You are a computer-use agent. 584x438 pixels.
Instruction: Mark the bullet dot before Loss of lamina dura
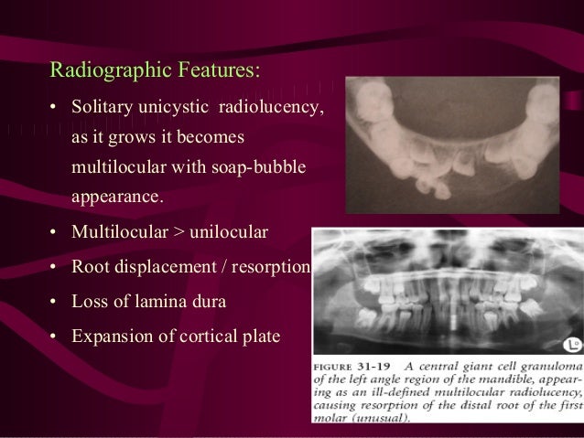pyautogui.click(x=54, y=301)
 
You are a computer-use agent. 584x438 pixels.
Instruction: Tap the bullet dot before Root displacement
pyautogui.click(x=54, y=268)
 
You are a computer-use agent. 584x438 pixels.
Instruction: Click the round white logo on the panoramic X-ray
pyautogui.click(x=566, y=343)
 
